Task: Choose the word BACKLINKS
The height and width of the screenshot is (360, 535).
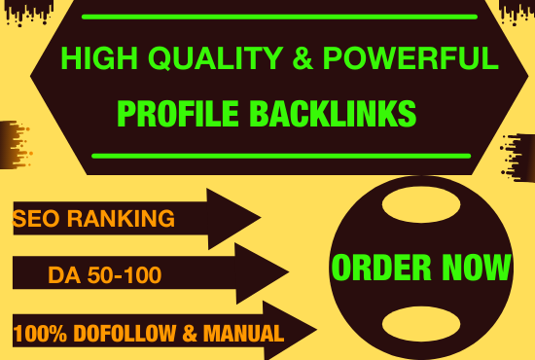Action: point(332,114)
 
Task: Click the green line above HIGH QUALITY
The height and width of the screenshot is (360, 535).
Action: point(279,17)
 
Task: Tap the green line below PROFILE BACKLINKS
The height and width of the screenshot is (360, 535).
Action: point(280,155)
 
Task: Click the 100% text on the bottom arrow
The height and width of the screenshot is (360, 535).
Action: point(39,335)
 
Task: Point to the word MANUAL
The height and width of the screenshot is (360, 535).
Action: point(244,335)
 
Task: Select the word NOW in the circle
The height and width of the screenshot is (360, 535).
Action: point(475,267)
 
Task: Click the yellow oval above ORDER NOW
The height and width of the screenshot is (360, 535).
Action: point(419,207)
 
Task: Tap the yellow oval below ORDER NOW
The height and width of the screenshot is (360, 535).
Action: point(419,321)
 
